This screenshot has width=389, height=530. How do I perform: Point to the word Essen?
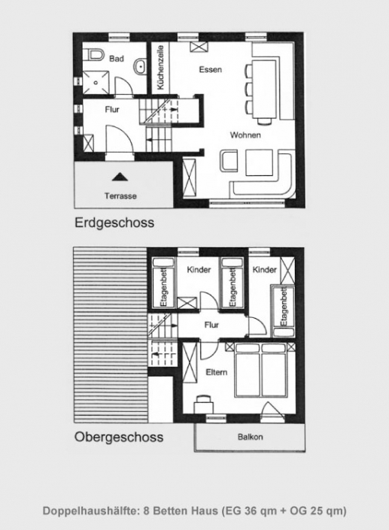pos(210,70)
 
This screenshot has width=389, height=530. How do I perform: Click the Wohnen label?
pos(246,135)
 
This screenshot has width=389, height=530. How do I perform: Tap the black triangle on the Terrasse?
pos(119,177)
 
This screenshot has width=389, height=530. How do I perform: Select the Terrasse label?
pos(120,195)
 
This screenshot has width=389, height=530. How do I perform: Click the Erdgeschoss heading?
pos(114,223)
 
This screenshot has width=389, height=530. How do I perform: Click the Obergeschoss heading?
pos(118,437)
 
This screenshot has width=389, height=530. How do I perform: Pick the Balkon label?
pos(250,436)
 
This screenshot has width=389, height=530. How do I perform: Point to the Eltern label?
pos(215,373)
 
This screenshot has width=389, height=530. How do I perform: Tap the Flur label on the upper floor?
pos(211,326)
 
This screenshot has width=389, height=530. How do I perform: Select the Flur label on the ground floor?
pos(111,110)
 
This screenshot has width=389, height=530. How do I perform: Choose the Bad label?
pos(117,58)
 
